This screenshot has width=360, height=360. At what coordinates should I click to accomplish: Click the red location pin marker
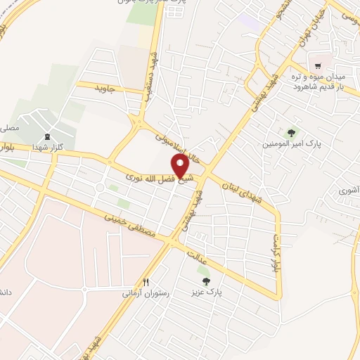pyautogui.click(x=180, y=166)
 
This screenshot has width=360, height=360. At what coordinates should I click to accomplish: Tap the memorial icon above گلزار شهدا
pyautogui.click(x=47, y=136)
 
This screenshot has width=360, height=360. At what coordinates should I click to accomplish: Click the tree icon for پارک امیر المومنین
pyautogui.click(x=290, y=132)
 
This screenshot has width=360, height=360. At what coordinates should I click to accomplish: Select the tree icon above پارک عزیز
pyautogui.click(x=205, y=280)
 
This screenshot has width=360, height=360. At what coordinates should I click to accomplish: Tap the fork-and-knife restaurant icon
pyautogui.click(x=146, y=281)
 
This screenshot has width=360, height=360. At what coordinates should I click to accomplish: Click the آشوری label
pyautogui.click(x=348, y=190)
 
